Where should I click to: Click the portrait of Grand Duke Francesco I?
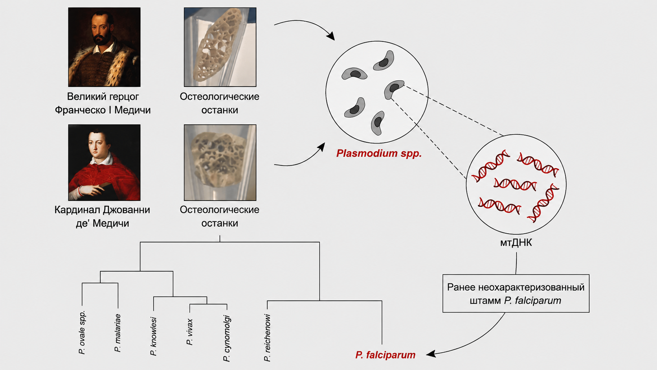pos(104,47)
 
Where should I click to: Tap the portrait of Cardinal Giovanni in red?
pos(104,162)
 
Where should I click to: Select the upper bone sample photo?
pos(220,47)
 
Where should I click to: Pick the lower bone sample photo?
pos(220,162)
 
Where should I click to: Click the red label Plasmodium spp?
pos(379,153)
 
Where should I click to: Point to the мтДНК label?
pos(516,243)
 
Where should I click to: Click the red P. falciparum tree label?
pos(385,355)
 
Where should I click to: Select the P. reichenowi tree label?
pos(267,338)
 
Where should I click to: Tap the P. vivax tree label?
pos(190,332)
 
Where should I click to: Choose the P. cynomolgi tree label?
pos(227,338)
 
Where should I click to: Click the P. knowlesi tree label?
pos(153,336)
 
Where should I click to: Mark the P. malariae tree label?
pos(117,333)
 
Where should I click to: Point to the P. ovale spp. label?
pos(82,332)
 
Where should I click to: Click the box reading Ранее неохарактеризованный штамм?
pos(516,293)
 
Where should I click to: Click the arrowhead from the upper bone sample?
pos(330,36)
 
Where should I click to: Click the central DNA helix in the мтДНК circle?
pos(515,184)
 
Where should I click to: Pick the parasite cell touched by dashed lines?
pos(394,89)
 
